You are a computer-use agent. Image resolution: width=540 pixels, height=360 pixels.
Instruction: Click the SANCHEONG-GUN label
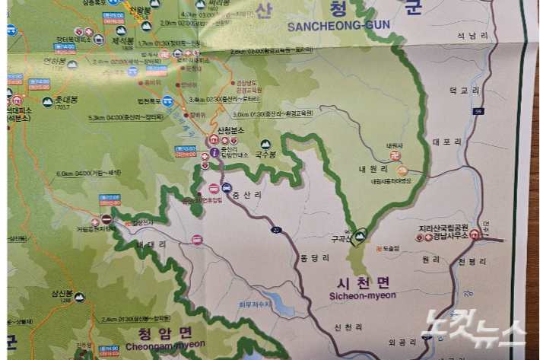pos(338,25)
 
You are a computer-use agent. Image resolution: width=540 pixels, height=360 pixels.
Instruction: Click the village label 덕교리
pos(464,90)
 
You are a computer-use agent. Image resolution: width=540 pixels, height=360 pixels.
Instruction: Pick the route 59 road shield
pos(500,112)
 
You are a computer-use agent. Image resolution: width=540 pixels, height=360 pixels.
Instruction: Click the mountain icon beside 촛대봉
pos(47,101)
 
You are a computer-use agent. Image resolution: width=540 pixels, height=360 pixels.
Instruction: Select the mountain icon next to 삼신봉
pos(80,298)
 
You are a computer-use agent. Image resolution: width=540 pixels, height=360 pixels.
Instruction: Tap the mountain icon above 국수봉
pos(265,144)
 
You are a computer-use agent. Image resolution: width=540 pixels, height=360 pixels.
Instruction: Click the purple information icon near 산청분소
pos(214,152)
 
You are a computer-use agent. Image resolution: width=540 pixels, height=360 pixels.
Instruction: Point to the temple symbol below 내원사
pos(402,170)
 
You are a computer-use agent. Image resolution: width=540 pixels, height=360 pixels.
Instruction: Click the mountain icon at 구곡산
pos(360,234)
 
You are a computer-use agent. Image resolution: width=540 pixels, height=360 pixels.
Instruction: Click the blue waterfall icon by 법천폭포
pos(167,100)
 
